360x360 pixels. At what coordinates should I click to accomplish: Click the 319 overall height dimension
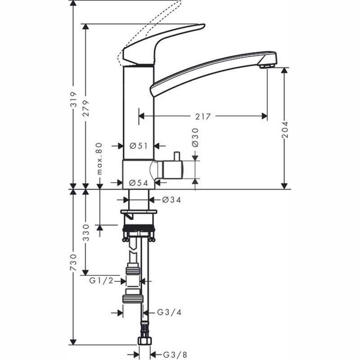73,99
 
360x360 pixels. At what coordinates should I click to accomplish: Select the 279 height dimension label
86,108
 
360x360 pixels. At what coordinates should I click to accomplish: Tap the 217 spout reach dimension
203,117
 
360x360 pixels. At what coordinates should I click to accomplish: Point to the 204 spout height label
285,130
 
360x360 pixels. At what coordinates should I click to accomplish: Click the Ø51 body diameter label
139,146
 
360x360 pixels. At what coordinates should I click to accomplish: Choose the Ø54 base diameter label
139,183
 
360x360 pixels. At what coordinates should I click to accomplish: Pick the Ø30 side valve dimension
195,138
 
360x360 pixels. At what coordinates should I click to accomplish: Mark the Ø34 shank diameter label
171,200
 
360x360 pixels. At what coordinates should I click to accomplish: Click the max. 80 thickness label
99,159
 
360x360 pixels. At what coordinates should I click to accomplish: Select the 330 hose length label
86,233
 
